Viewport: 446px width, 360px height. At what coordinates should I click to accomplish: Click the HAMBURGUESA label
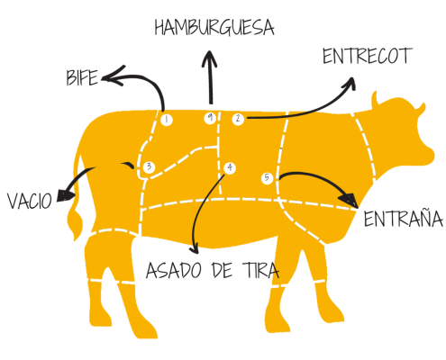click(214, 28)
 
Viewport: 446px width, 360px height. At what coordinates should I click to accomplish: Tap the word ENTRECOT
click(367, 56)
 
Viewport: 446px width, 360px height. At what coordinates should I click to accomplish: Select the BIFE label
click(82, 77)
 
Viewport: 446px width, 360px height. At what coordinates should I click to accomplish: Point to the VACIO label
click(30, 201)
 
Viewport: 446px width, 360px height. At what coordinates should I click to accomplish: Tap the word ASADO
click(174, 270)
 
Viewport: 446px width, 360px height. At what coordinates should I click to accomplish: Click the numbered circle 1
click(167, 120)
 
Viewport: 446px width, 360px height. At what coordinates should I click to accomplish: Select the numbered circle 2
click(238, 119)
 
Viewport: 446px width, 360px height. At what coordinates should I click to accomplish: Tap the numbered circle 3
click(150, 167)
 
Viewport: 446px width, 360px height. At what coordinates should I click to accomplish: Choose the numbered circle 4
click(230, 167)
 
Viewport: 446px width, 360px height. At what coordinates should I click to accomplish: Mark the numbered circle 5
click(267, 178)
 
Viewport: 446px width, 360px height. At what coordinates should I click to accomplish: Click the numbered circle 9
click(210, 118)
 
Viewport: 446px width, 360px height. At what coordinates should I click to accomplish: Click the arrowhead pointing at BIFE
click(113, 76)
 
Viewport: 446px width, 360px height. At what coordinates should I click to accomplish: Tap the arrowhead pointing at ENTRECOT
click(350, 84)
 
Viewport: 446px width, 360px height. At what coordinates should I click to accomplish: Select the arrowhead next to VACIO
click(65, 195)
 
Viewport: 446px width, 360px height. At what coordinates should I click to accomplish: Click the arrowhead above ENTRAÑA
click(349, 200)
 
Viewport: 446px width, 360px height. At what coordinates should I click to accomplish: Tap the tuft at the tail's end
click(75, 223)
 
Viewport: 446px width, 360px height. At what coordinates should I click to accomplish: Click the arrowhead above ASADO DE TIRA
click(195, 248)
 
